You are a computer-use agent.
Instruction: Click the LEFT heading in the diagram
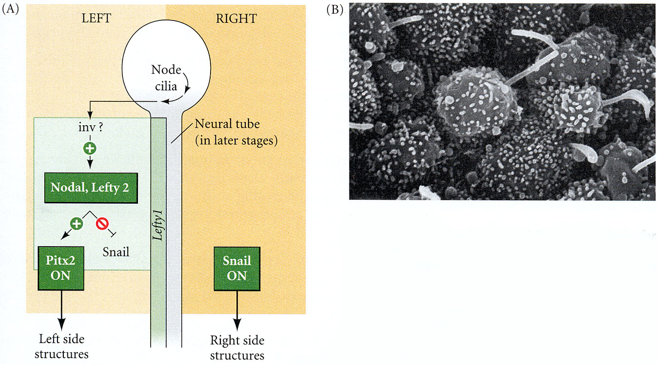pyautogui.click(x=96, y=19)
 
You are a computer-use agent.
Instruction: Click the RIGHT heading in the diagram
pyautogui.click(x=236, y=19)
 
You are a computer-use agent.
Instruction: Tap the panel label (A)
pyautogui.click(x=10, y=9)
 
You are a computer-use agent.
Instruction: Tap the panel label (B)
pyautogui.click(x=335, y=10)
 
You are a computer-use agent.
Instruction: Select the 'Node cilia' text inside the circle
pyautogui.click(x=166, y=77)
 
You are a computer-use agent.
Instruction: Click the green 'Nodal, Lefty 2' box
pyautogui.click(x=91, y=188)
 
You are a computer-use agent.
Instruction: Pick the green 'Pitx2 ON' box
pyautogui.click(x=61, y=268)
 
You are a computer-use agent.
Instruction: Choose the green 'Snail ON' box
pyautogui.click(x=237, y=269)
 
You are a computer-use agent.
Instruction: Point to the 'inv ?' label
pyautogui.click(x=91, y=128)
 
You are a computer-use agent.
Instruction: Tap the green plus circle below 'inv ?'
pyautogui.click(x=90, y=148)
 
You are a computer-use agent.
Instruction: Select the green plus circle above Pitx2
pyautogui.click(x=76, y=224)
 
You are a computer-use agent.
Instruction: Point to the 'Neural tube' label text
pyautogui.click(x=227, y=124)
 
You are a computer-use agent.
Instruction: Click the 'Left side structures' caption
pyautogui.click(x=61, y=346)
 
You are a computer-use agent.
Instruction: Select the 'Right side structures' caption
pyautogui.click(x=237, y=348)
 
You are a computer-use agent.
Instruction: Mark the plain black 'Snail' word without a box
pyautogui.click(x=116, y=252)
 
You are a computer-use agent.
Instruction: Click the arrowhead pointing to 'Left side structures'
pyautogui.click(x=61, y=326)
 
